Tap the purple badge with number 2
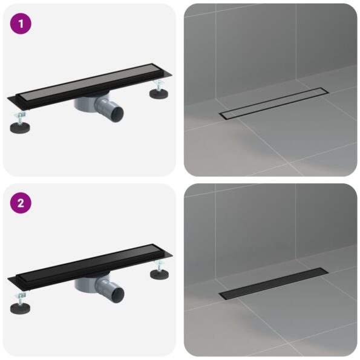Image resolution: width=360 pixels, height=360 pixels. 20,203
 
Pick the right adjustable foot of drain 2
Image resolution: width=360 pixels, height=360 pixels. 160,273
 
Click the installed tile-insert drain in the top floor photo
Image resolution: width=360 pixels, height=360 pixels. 273,103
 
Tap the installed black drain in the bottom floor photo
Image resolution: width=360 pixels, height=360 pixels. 273,284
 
